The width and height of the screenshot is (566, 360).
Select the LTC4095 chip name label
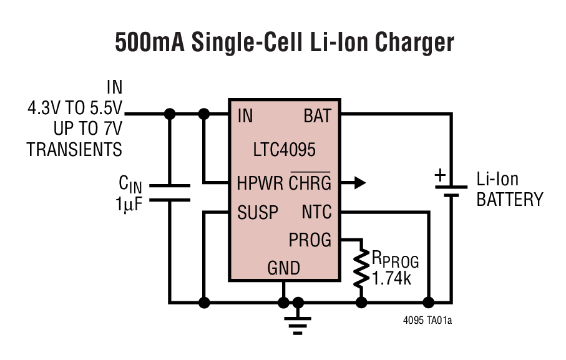(284, 150)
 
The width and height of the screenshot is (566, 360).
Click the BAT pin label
(318, 116)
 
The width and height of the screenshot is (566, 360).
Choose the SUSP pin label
(258, 213)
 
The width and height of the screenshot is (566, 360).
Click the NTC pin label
(317, 213)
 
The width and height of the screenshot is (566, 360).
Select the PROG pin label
(310, 240)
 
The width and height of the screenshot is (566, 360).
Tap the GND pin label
(284, 268)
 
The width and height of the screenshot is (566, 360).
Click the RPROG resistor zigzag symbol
(361, 268)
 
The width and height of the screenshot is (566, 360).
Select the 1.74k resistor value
(392, 278)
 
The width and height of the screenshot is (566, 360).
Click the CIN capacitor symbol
(168, 193)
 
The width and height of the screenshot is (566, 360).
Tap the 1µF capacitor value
(129, 203)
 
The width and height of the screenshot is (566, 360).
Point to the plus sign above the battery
(440, 177)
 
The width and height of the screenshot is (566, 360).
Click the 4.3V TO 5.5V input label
(75, 115)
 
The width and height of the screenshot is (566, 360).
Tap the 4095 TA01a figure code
(427, 322)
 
